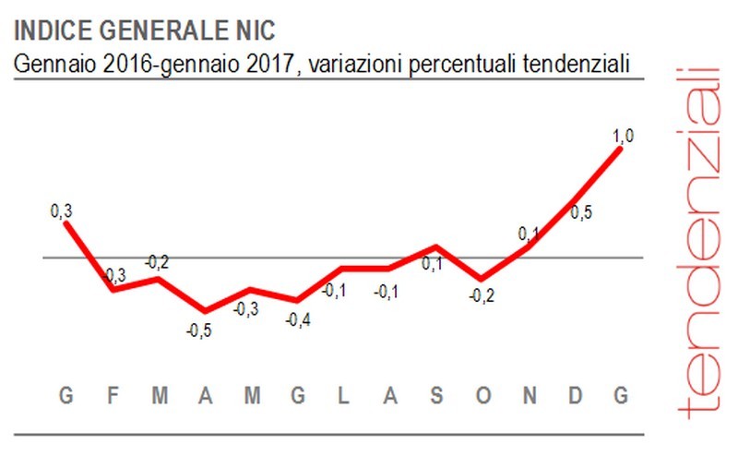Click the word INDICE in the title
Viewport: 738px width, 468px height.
(51, 31)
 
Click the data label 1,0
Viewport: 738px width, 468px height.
(624, 137)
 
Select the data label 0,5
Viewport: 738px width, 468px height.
(581, 213)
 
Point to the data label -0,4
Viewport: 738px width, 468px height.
(297, 320)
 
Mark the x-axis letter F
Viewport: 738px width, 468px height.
(113, 395)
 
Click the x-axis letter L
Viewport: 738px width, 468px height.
(342, 395)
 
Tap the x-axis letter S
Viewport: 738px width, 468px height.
(436, 395)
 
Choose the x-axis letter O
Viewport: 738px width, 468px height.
(482, 395)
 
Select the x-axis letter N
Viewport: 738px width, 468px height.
(530, 395)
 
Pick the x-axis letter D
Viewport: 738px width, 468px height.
(575, 395)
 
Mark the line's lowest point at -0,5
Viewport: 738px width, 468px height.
(205, 311)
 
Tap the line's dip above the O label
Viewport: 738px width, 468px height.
(481, 278)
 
